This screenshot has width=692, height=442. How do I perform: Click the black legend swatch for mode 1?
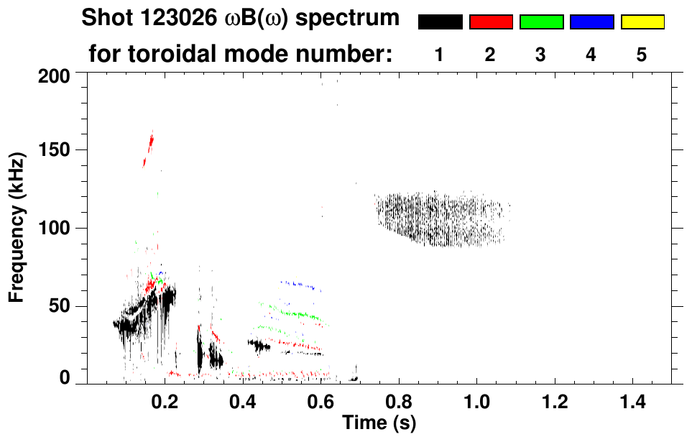click(x=440, y=22)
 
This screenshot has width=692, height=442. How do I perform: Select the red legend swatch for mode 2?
click(x=491, y=22)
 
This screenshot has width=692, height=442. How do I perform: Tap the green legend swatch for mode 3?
click(x=541, y=22)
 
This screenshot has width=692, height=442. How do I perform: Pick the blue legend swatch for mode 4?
click(x=591, y=22)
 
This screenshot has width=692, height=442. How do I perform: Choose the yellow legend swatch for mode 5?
click(x=642, y=22)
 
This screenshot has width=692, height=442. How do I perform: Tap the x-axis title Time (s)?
click(x=378, y=423)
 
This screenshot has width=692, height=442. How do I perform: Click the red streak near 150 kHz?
click(x=149, y=149)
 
